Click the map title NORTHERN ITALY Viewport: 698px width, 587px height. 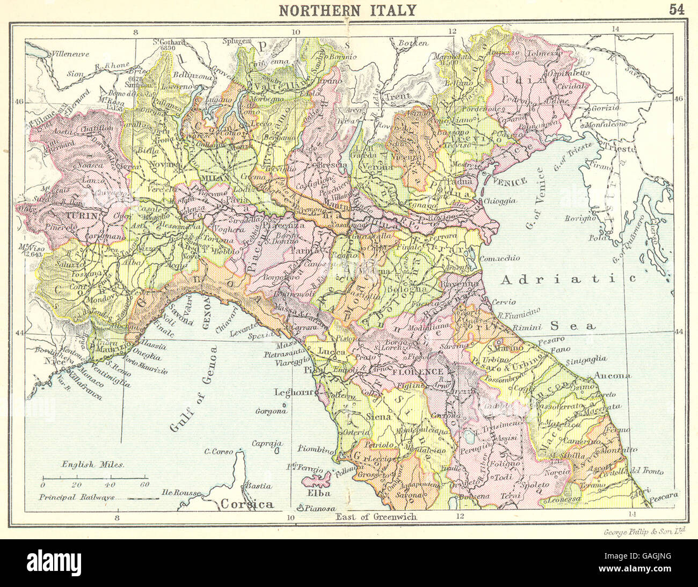[347, 10]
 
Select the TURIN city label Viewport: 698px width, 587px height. [83, 216]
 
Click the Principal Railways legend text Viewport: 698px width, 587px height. [77, 497]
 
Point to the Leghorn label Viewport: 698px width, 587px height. [293, 392]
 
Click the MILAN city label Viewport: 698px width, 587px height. [215, 177]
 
